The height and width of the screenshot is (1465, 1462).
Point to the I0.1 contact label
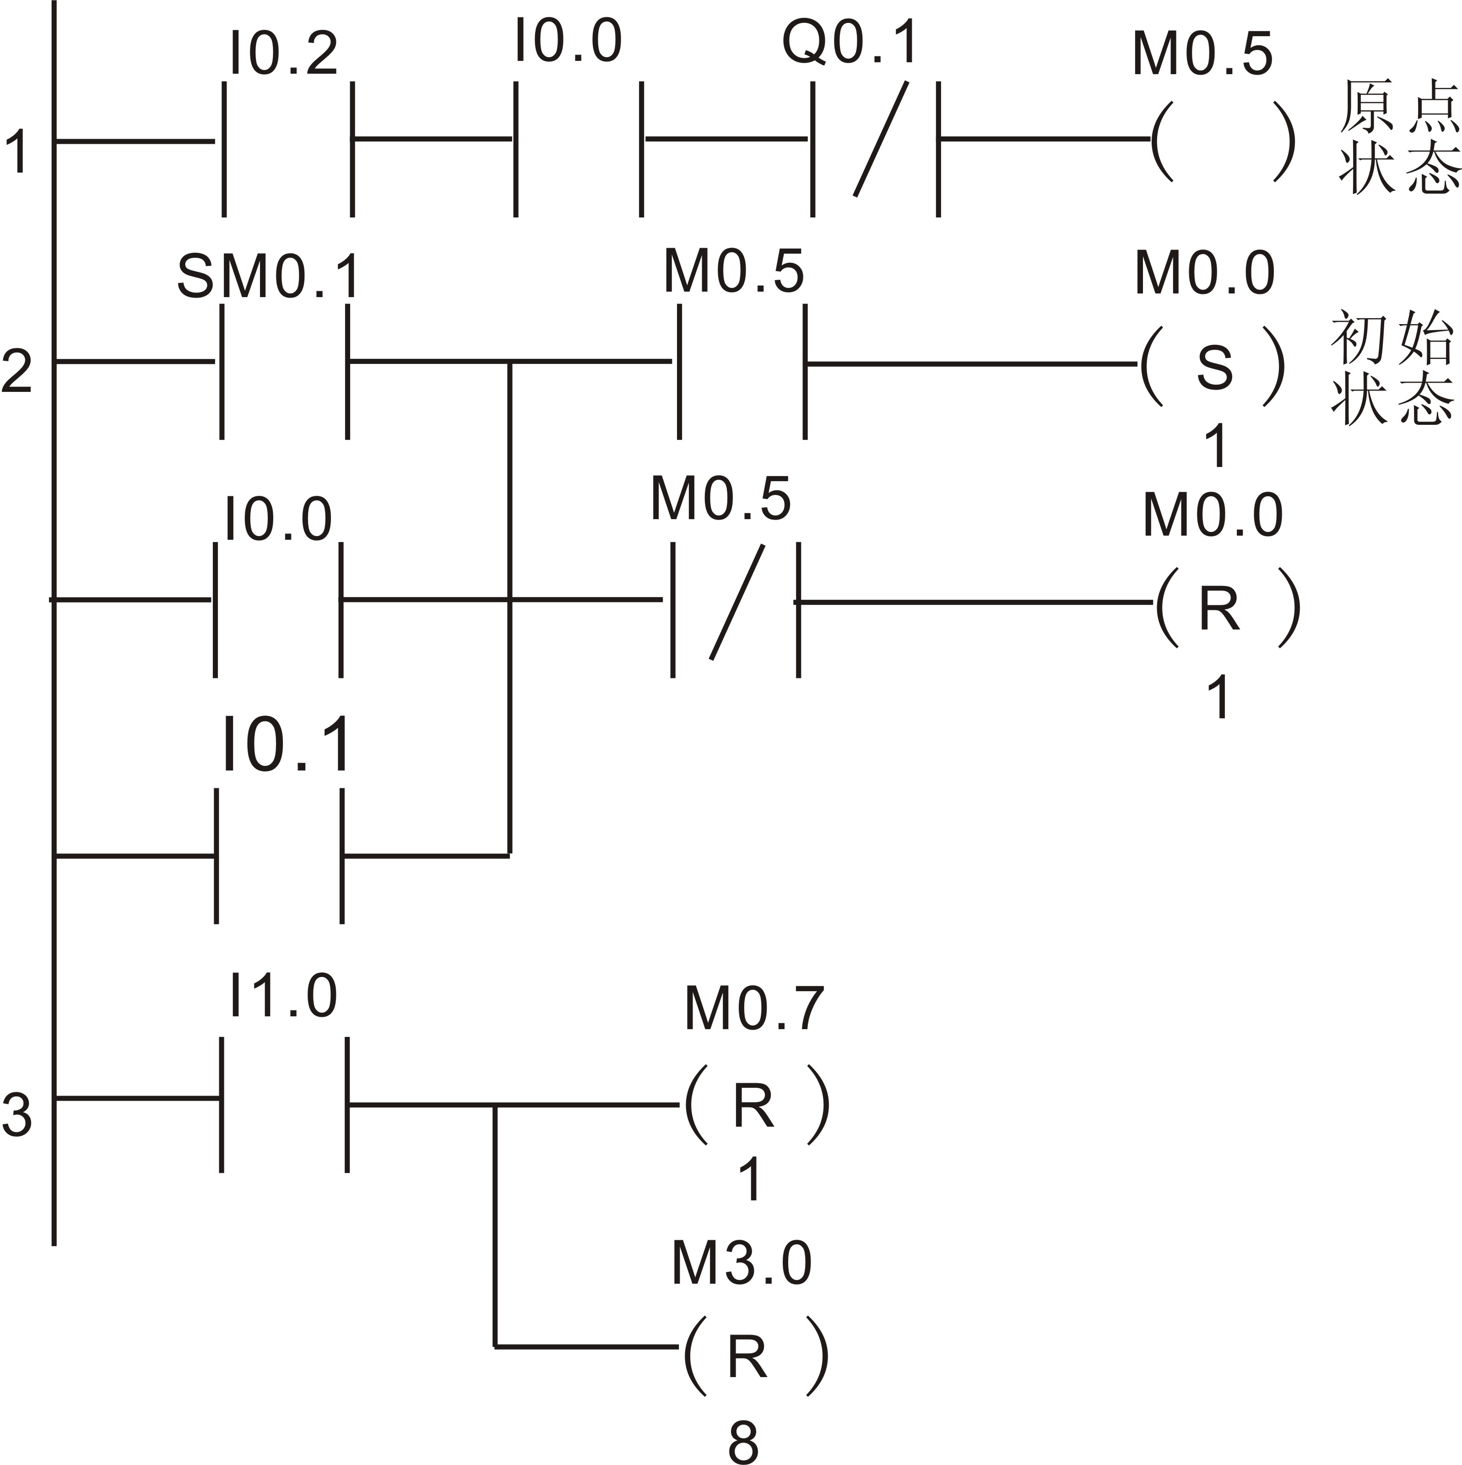coord(287,745)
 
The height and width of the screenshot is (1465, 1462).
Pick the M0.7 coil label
coord(754,1009)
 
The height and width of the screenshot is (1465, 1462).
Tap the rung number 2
coord(16,370)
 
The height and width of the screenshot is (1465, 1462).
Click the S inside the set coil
coord(1214,368)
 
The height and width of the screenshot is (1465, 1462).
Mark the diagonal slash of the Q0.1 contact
coord(880,139)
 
